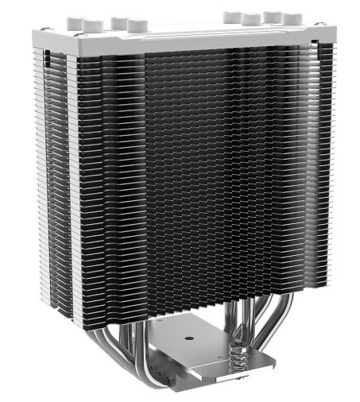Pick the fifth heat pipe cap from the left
coord(233,15)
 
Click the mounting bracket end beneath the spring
coord(238,386)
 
